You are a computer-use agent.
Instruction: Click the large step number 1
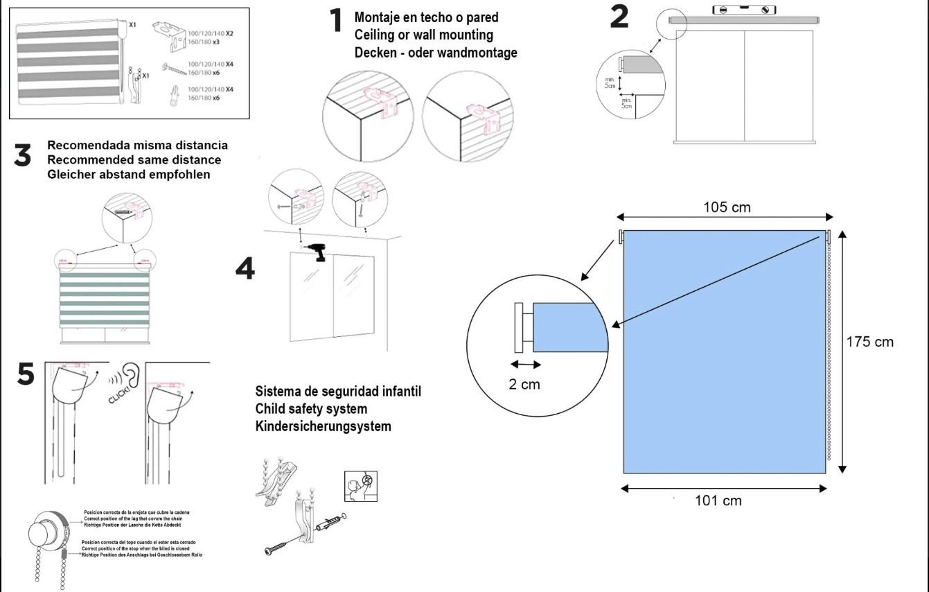[x=337, y=21]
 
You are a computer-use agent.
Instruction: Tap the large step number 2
[x=619, y=17]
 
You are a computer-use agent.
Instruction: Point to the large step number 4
[x=245, y=269]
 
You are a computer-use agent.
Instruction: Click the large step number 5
[x=25, y=375]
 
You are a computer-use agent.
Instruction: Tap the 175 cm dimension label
[x=870, y=342]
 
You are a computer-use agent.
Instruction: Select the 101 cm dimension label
[x=718, y=500]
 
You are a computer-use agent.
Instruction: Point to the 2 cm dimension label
[x=524, y=383]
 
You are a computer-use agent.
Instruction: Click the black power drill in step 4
[x=318, y=252]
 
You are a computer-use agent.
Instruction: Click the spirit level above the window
[x=745, y=10]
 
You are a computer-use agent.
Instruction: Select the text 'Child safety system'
[x=311, y=408]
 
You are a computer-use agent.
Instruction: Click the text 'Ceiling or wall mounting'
[x=423, y=35]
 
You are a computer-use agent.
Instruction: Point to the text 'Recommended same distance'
[x=134, y=160]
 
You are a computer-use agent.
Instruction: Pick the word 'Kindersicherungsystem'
[x=323, y=426]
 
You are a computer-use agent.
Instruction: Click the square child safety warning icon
[x=355, y=485]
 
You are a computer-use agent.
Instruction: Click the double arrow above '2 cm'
[x=526, y=365]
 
